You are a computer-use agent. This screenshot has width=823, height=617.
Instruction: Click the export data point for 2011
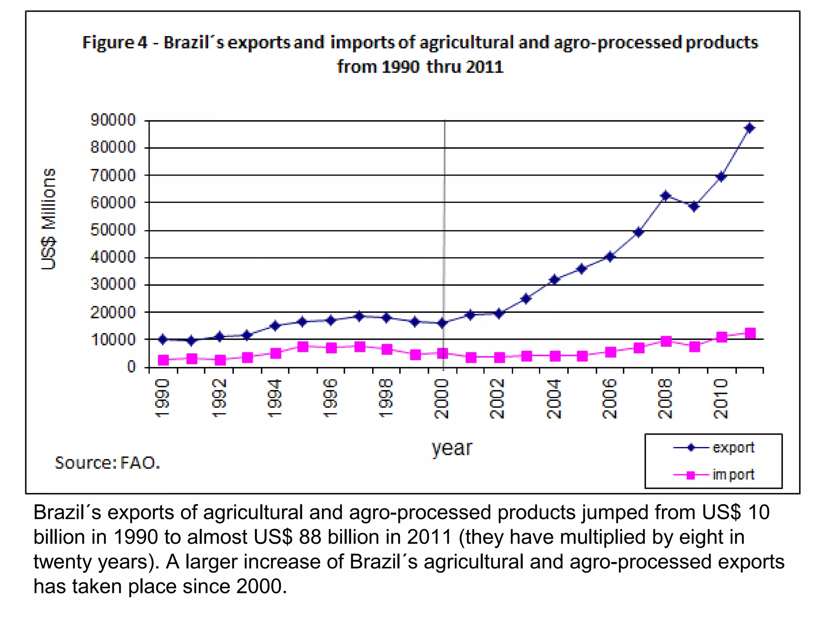pos(749,128)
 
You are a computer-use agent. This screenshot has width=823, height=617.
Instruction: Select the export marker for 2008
pos(665,196)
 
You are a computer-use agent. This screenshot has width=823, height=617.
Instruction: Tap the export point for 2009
pos(694,206)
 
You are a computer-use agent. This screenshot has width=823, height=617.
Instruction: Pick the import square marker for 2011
pos(750,333)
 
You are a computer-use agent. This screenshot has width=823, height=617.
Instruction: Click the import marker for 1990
pos(163,360)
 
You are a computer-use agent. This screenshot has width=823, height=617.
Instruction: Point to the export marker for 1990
pos(163,339)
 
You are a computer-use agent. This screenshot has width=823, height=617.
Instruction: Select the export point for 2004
pos(555,280)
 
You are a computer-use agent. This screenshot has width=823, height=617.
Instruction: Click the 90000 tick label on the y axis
pos(113,120)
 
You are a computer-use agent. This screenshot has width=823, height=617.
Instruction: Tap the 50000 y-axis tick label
pos(113,230)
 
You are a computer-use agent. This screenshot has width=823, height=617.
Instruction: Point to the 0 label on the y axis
pos(131,367)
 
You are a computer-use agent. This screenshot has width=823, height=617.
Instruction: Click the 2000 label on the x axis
pos(441,398)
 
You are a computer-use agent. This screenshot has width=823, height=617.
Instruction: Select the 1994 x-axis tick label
pos(274,398)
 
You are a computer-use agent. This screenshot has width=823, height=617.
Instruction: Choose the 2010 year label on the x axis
pos(721,398)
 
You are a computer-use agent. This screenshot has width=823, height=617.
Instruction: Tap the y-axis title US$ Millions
pos(49,219)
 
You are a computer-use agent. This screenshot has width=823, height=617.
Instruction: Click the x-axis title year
pos(452,448)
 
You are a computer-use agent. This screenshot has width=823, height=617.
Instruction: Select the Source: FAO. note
pos(107,463)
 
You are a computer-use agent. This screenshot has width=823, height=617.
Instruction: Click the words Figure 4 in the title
pos(115,42)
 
